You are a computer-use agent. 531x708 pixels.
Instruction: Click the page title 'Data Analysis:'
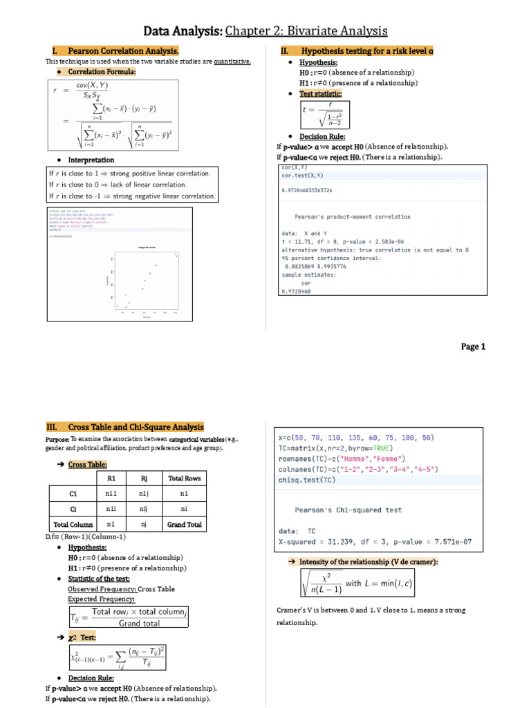pos(183,31)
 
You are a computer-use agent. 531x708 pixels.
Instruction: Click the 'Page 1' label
pos(474,347)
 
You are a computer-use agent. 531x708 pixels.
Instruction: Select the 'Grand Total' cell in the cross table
pos(185,525)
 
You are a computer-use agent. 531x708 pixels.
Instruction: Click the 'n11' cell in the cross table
pos(111,494)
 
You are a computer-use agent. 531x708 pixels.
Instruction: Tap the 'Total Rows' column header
pos(185,478)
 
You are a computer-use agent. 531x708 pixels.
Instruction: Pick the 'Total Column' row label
pos(73,525)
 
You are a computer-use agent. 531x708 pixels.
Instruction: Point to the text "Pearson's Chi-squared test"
pos(348,510)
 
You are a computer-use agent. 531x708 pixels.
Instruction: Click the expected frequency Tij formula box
pos(128,617)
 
